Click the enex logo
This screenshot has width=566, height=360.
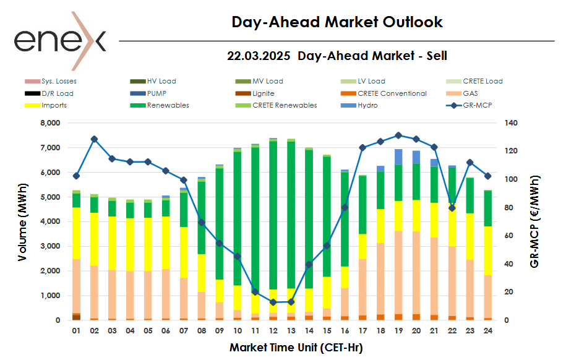pos(60,40)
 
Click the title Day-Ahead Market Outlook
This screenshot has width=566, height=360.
pos(337,22)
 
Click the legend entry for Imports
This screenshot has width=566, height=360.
pos(54,105)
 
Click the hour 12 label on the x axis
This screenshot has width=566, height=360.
pos(273,331)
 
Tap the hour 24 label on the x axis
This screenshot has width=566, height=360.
pos(487,331)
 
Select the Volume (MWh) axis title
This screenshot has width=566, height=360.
pos(23,221)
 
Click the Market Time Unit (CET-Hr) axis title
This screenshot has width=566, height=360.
pos(296,348)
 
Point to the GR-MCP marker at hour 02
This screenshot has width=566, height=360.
pos(94,139)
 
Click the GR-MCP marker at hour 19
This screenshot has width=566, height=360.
pos(398,135)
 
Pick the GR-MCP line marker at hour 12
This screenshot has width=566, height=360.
pos(273,302)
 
